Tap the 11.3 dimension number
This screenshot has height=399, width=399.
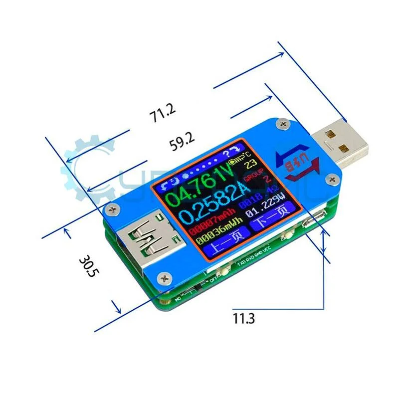pos(243,317)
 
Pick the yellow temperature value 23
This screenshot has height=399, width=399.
pos(252,164)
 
